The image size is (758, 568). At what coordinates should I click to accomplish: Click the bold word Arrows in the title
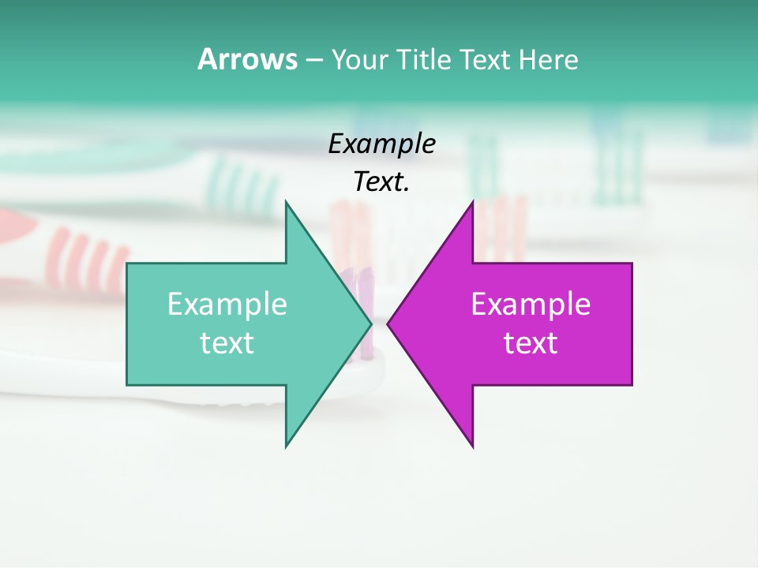247,59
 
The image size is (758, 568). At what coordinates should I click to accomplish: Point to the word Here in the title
547,60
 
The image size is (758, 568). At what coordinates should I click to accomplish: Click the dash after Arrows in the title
313,61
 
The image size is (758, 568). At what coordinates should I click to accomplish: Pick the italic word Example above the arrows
381,144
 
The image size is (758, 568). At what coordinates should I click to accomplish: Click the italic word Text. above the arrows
381,182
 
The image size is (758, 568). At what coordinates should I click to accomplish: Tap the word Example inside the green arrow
227,305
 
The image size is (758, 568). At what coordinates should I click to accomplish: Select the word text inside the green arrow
227,343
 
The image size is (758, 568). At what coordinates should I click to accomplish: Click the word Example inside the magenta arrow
531,305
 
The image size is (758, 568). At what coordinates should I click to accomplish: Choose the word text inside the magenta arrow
531,343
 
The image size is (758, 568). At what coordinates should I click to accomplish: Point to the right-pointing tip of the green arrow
371,323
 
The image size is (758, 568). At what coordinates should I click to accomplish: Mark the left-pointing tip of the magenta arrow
388,323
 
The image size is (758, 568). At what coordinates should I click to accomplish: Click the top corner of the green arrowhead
286,202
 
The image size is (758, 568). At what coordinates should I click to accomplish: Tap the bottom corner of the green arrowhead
286,447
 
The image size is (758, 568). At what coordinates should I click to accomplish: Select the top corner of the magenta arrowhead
473,202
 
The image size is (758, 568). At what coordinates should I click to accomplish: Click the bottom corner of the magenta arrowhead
473,447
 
